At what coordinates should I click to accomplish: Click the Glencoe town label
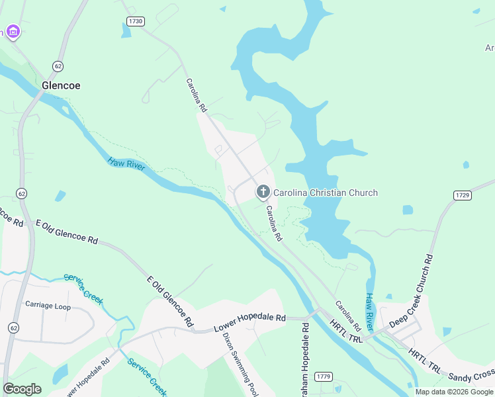click(x=61, y=85)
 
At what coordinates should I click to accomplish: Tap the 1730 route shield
click(x=136, y=21)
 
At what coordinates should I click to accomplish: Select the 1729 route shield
click(x=462, y=195)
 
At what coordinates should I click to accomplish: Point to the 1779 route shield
click(x=323, y=376)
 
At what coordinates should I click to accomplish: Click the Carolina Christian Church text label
click(x=326, y=193)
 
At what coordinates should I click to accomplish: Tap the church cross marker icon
click(x=263, y=193)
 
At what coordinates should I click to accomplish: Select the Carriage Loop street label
click(x=48, y=305)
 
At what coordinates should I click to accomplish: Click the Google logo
click(x=22, y=388)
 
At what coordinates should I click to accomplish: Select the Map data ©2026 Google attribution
click(x=454, y=392)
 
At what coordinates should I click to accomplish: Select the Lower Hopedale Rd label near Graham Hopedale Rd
click(x=249, y=323)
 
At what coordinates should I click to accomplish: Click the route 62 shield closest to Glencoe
click(x=58, y=66)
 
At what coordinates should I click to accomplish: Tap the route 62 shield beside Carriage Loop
click(x=13, y=328)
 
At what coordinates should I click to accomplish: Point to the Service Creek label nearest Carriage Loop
click(x=83, y=289)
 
